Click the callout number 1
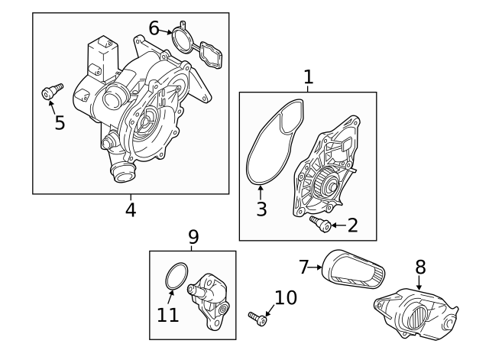(308, 76)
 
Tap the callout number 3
(261, 208)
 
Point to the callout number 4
(131, 209)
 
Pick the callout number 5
(60, 122)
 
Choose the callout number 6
(154, 28)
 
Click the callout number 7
(303, 267)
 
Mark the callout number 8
(419, 267)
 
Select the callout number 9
(193, 237)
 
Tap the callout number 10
(285, 297)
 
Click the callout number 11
(167, 314)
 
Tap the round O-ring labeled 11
(177, 276)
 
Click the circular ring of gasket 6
(181, 38)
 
